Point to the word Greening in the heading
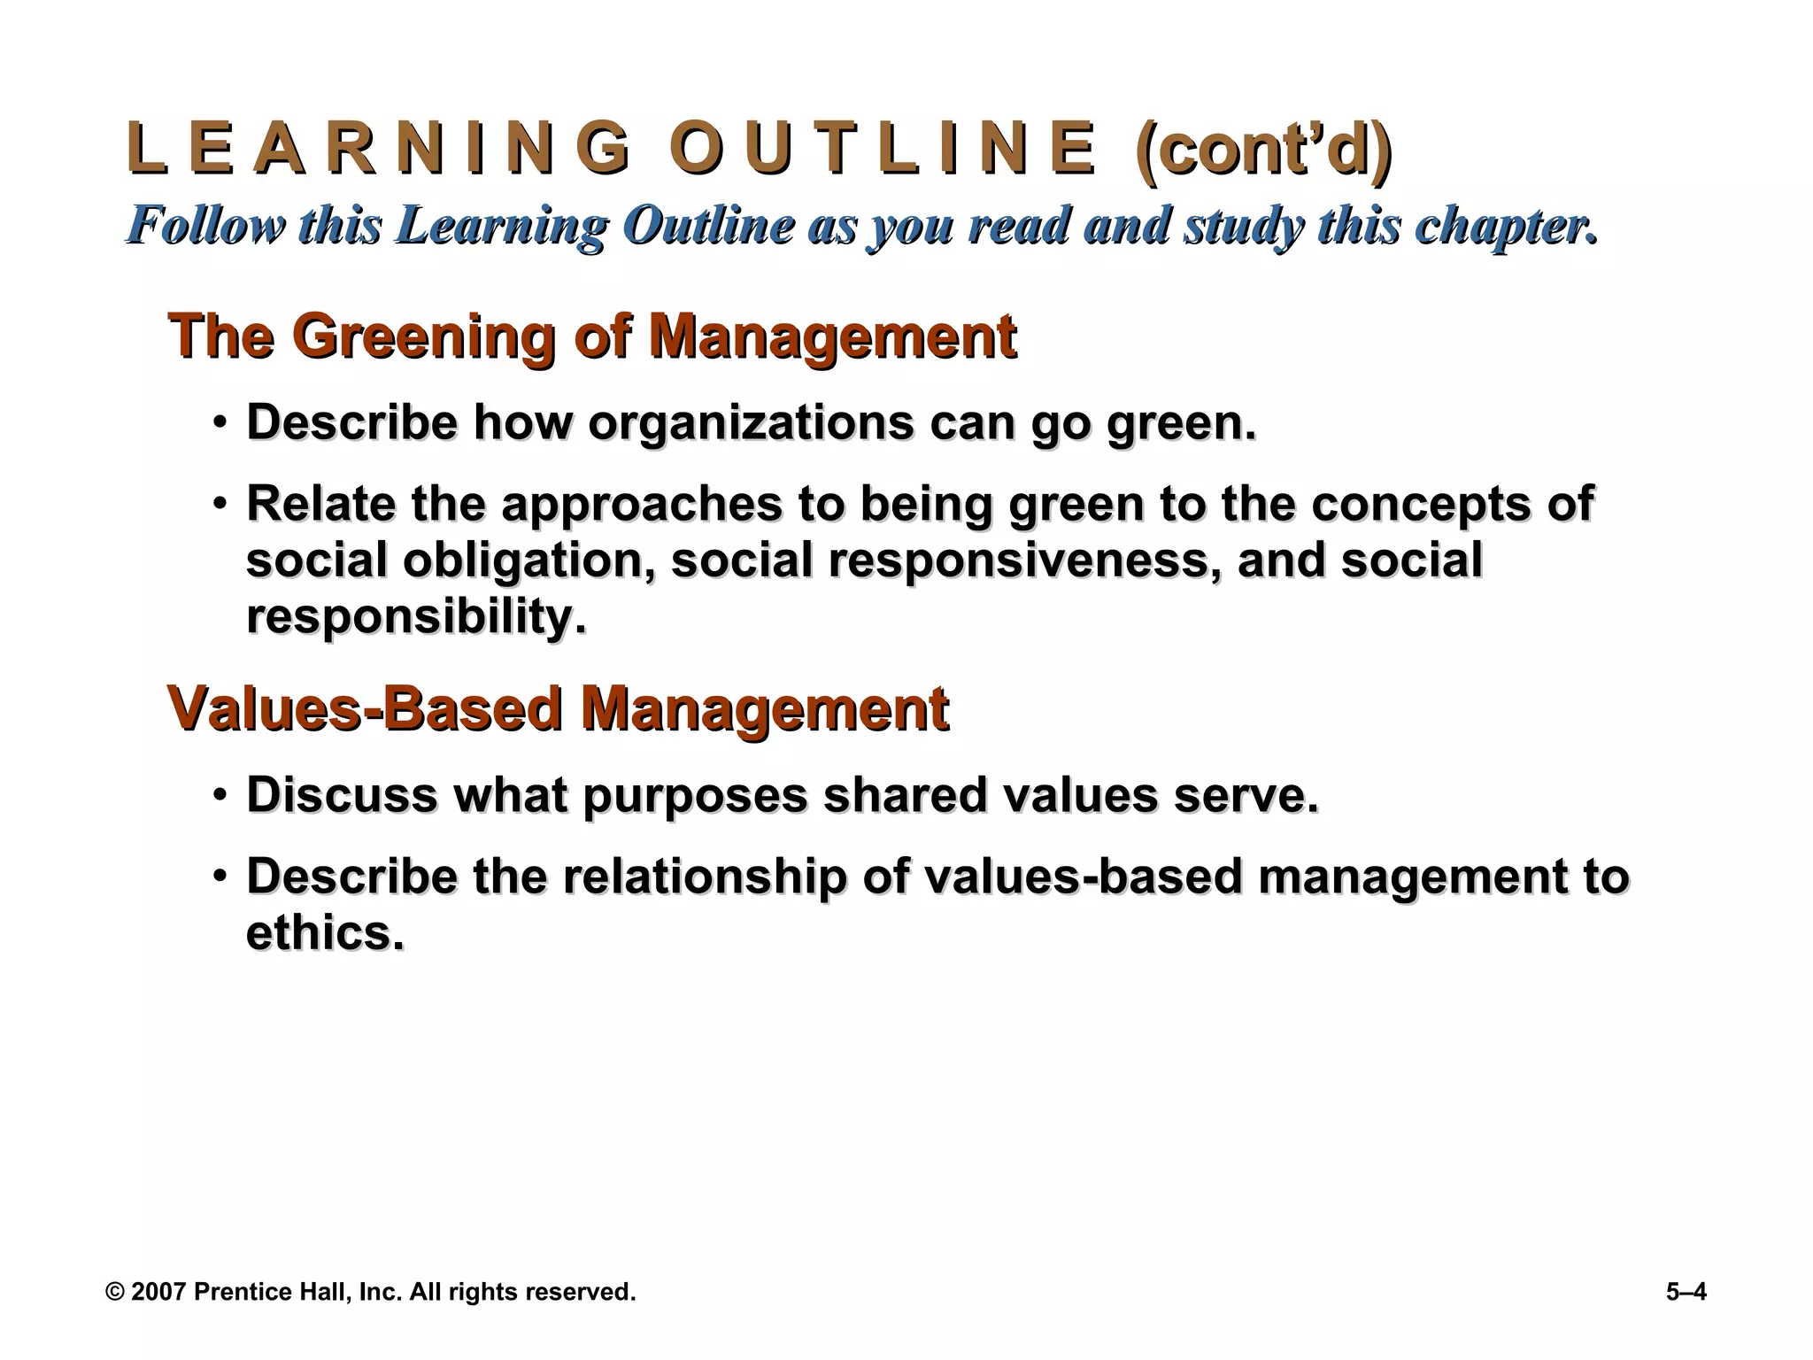pyautogui.click(x=423, y=336)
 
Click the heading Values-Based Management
pyautogui.click(x=558, y=709)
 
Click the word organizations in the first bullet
pyautogui.click(x=751, y=422)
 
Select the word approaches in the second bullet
pyautogui.click(x=642, y=504)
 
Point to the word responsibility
pyautogui.click(x=416, y=616)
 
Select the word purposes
pyautogui.click(x=695, y=796)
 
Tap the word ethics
pyautogui.click(x=325, y=932)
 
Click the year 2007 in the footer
pyautogui.click(x=158, y=1292)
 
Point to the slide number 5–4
pyautogui.click(x=1686, y=1292)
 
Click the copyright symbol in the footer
pyautogui.click(x=114, y=1292)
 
